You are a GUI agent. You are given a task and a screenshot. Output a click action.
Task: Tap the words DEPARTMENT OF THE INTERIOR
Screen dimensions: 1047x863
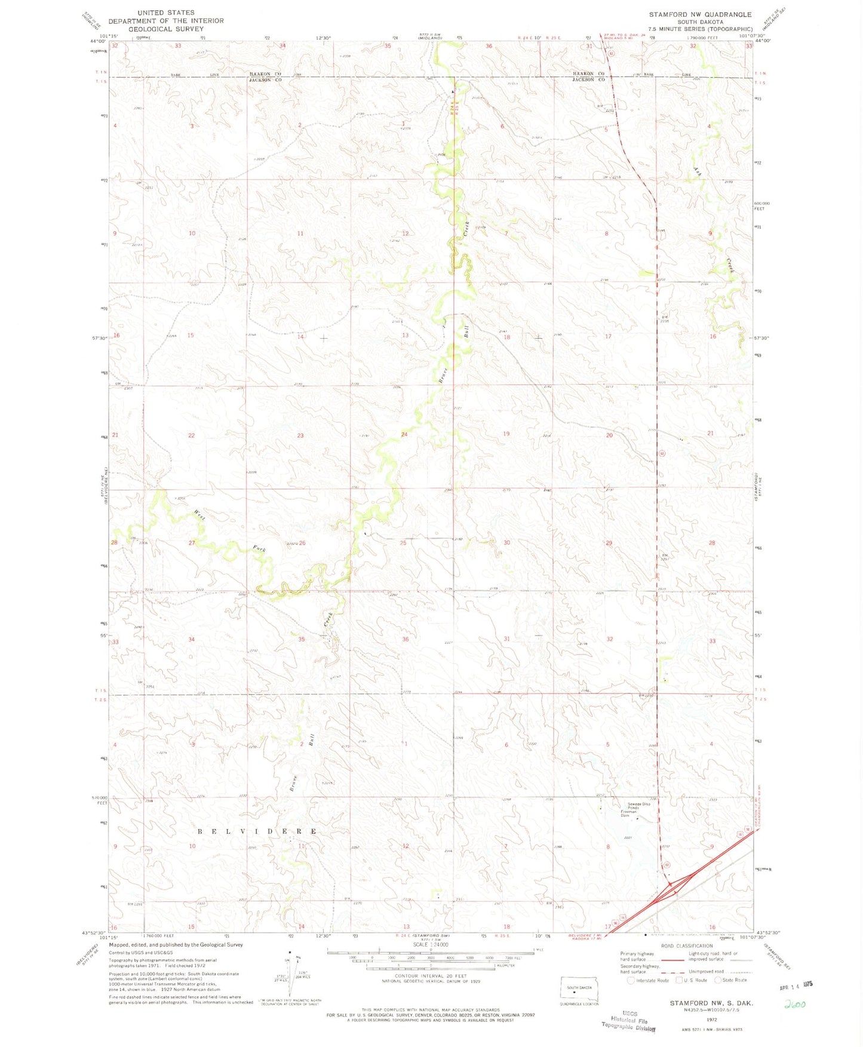coord(166,21)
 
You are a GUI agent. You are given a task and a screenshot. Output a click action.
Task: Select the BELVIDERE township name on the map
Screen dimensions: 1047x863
coord(257,831)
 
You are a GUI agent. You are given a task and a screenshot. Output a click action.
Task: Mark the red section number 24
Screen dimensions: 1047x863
coord(404,434)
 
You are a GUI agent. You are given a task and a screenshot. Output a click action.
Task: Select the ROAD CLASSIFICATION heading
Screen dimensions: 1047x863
coord(686,946)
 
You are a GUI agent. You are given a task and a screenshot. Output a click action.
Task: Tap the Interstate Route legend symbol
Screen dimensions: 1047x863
coord(631,980)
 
